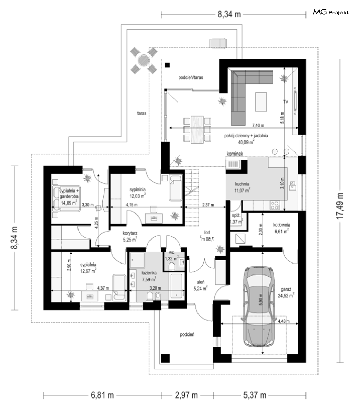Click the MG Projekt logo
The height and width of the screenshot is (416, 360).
click(x=331, y=13)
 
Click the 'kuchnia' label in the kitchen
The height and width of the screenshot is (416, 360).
click(x=242, y=183)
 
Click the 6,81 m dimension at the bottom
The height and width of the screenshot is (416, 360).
click(x=102, y=395)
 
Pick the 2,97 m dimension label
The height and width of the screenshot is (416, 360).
click(x=186, y=395)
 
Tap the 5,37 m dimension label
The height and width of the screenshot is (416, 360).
click(x=255, y=395)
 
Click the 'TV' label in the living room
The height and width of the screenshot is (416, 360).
click(x=286, y=102)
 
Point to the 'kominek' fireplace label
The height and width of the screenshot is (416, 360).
click(x=235, y=154)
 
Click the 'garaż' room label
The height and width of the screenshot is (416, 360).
click(x=285, y=289)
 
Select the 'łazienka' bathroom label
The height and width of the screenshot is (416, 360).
click(x=149, y=273)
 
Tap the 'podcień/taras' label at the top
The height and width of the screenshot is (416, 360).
click(x=191, y=78)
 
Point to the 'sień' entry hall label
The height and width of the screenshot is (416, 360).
click(x=201, y=282)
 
